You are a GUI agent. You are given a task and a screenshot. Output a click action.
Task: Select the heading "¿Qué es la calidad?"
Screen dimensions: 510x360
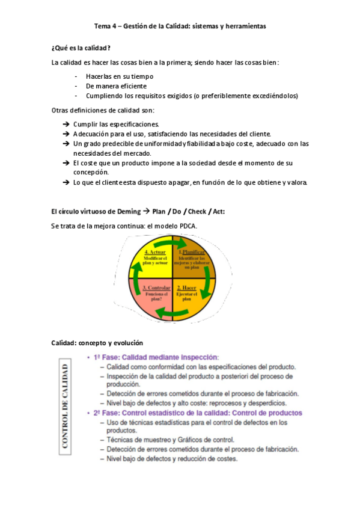[x=81, y=48]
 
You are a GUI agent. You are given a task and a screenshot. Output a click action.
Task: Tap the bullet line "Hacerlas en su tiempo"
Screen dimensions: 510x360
[x=119, y=76]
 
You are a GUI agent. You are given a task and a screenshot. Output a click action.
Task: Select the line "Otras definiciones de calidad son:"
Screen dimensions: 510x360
[x=103, y=110]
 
